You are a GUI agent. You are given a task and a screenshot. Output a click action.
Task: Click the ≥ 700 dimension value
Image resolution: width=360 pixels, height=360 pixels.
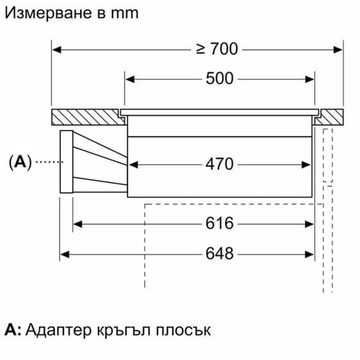(217, 49)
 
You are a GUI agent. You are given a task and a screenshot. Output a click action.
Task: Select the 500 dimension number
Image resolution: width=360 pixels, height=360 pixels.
(220, 79)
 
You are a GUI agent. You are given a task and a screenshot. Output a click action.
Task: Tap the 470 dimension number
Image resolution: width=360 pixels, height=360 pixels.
(220, 164)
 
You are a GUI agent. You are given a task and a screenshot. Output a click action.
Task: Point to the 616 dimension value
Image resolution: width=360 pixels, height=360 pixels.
(220, 223)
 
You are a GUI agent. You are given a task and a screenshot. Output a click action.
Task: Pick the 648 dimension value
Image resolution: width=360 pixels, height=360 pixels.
(220, 254)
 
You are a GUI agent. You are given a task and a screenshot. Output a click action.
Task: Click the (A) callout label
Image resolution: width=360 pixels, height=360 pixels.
(20, 162)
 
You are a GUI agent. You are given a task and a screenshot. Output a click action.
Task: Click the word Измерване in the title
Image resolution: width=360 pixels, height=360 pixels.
(49, 13)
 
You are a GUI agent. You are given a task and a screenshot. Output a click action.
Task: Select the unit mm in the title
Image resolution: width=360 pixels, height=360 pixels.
(125, 13)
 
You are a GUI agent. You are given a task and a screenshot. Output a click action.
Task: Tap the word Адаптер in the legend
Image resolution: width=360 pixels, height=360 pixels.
(58, 331)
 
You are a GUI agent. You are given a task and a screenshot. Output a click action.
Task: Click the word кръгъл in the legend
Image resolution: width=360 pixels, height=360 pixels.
(124, 331)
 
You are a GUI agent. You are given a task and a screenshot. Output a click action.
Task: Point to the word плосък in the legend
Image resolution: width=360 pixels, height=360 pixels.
(183, 331)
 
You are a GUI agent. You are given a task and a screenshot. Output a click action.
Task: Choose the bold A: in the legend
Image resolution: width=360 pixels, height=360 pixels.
(13, 330)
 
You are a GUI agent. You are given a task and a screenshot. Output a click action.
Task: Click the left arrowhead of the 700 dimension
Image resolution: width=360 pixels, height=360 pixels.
(57, 49)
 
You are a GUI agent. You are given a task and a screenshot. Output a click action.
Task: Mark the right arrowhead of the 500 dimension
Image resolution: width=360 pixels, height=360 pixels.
(310, 79)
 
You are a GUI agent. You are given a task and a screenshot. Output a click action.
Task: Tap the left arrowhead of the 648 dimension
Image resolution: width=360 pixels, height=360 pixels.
(65, 254)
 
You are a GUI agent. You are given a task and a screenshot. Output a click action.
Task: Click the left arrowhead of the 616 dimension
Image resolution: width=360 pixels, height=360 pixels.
(78, 224)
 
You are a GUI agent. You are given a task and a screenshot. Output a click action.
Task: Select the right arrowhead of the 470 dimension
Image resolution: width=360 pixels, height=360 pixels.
(306, 165)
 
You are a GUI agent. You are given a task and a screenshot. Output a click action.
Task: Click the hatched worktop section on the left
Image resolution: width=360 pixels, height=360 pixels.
(88, 117)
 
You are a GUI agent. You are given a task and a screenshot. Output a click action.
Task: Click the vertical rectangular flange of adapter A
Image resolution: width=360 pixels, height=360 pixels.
(67, 161)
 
